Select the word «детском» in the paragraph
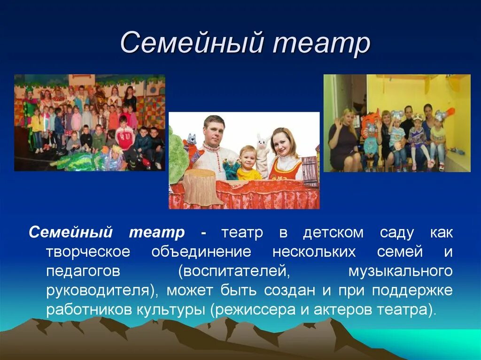coord(333,233)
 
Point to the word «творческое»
coord(88,253)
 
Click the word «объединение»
coord(201,253)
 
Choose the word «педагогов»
coord(83,272)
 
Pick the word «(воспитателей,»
coord(234,272)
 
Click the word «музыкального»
coord(400,272)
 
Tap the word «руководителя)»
coord(102,291)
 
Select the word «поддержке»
coord(412,291)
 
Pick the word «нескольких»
coord(314,253)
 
